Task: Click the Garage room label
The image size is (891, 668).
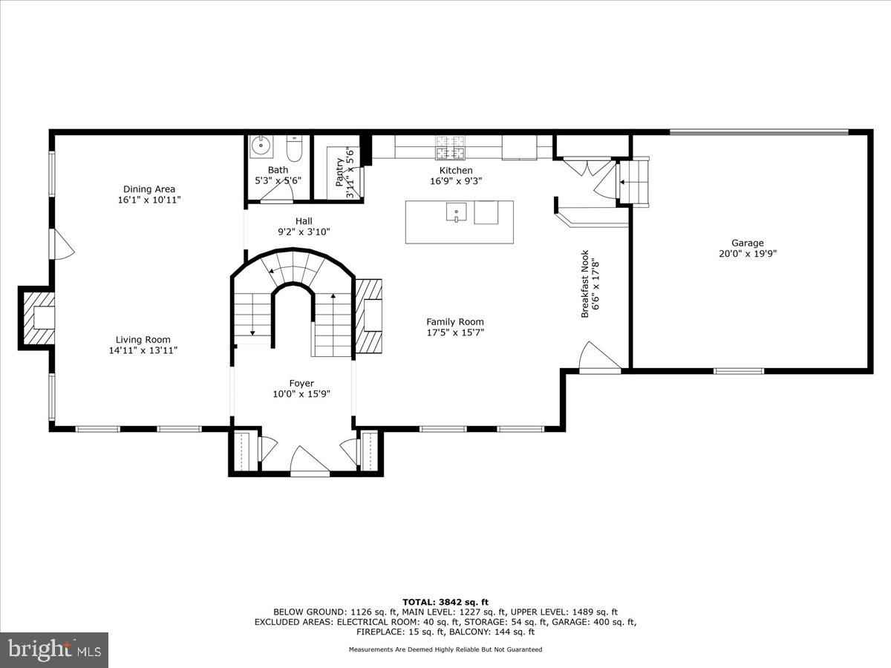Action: point(747,243)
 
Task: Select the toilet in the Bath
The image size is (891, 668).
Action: point(294,149)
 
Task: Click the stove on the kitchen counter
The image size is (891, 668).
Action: point(450,147)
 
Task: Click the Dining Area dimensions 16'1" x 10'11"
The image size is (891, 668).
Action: point(149,200)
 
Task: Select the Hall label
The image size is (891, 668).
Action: point(304,220)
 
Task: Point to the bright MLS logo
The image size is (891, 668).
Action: point(53,649)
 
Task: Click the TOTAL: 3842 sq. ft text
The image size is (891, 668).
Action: point(445,602)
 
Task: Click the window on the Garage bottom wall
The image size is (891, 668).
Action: point(738,370)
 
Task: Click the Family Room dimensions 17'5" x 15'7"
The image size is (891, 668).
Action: point(454,333)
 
